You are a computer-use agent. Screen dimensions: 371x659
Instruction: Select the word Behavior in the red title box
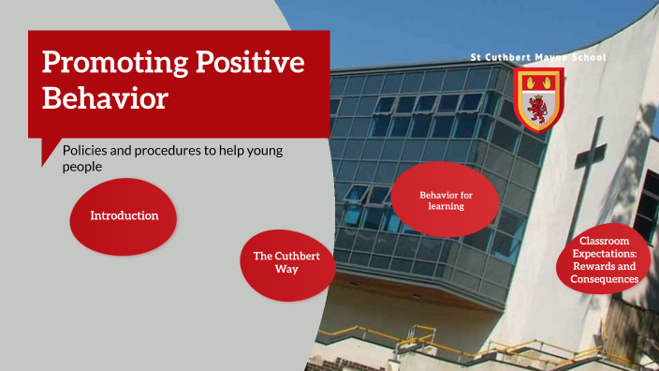(x=105, y=98)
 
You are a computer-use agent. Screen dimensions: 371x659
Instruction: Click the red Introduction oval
(x=124, y=216)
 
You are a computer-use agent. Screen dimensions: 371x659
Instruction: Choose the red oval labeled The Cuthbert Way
(x=288, y=262)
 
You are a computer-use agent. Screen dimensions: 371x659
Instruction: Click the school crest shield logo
(x=538, y=97)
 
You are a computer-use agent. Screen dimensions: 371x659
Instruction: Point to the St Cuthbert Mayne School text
(x=537, y=58)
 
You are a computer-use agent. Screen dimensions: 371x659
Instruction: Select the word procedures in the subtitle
(x=168, y=150)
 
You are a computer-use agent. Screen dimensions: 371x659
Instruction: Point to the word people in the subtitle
(x=81, y=167)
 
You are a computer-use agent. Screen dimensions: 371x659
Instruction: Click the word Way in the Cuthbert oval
(x=287, y=269)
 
